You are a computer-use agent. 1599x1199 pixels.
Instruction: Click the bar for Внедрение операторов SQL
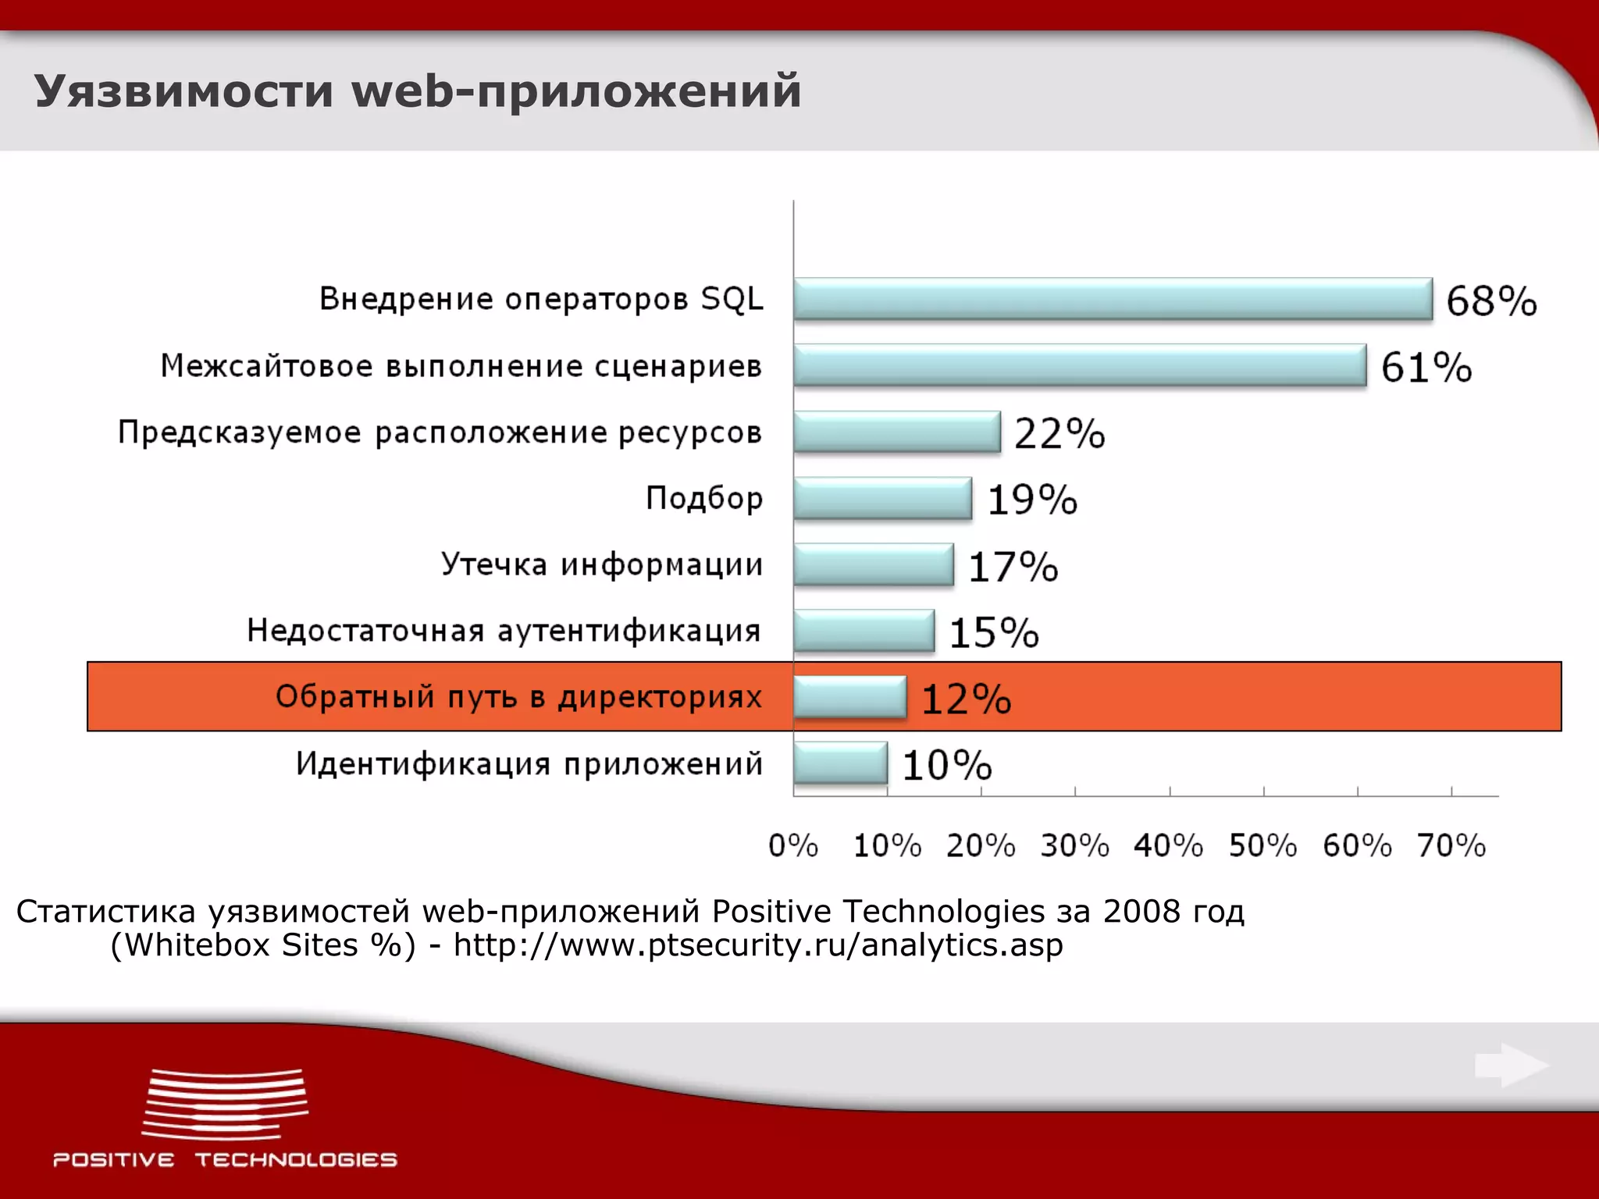[x=1113, y=299]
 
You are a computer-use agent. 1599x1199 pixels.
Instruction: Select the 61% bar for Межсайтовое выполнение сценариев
[x=1080, y=365]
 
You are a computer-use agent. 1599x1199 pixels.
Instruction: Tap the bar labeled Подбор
[x=882, y=498]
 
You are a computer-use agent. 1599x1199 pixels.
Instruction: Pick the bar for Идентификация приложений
[x=840, y=763]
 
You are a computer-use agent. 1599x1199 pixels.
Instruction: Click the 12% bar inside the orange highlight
[x=849, y=696]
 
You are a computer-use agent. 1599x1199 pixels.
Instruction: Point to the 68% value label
[x=1490, y=301]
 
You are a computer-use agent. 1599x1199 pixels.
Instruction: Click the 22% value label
[x=1059, y=434]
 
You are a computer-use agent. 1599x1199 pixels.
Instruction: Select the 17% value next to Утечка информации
[x=1013, y=567]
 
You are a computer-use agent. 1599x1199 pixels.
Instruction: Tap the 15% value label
[x=993, y=632]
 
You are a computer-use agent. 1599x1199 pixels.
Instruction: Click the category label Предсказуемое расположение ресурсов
[x=440, y=432]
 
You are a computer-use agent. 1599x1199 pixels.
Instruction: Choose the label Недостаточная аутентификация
[x=504, y=631]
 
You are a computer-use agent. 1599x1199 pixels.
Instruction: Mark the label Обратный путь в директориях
[x=518, y=696]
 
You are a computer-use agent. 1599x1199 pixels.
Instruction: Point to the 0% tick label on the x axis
[x=792, y=845]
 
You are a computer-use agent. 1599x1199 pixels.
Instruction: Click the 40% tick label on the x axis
[x=1168, y=845]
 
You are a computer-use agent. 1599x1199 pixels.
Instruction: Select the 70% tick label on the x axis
[x=1451, y=845]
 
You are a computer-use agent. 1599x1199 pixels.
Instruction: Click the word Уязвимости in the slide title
[x=184, y=91]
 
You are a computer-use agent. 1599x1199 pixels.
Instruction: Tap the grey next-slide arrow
[x=1511, y=1066]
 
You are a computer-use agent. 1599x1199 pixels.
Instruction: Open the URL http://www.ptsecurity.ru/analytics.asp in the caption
[x=758, y=945]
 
